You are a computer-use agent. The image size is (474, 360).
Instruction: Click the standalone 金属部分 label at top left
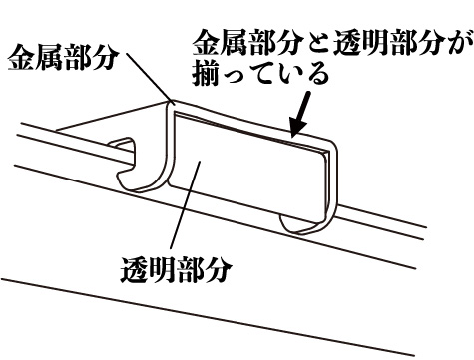[x=63, y=58]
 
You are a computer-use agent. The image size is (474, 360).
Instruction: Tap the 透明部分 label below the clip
[x=176, y=270]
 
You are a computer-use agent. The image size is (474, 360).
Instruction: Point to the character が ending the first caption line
[x=459, y=43]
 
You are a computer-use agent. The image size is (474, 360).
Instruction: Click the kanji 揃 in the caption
[x=207, y=73]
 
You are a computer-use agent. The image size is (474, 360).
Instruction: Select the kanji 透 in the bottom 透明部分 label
[x=134, y=270]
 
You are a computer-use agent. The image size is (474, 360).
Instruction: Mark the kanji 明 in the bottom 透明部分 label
[x=162, y=270]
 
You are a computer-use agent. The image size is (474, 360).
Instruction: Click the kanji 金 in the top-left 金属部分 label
[x=21, y=58]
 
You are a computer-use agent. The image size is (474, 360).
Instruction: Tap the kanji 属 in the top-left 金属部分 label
[x=49, y=58]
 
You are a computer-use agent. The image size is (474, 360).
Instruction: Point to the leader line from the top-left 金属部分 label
[x=149, y=76]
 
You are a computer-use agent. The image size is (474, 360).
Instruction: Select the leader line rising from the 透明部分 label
[x=185, y=204]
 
